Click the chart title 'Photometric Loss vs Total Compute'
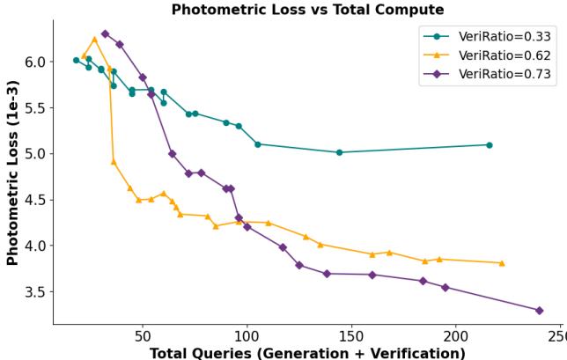point(307,10)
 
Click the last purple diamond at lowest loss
point(539,311)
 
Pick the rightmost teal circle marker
point(490,145)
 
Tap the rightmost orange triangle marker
point(502,263)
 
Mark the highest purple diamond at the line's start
point(105,33)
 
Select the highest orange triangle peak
point(94,39)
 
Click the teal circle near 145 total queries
point(339,152)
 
